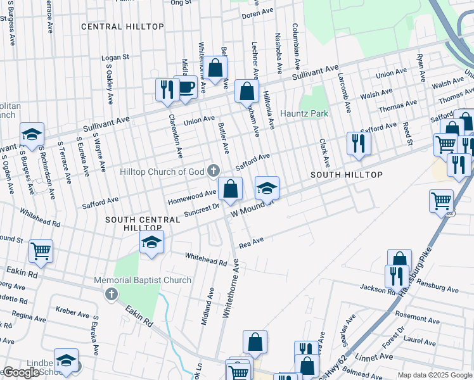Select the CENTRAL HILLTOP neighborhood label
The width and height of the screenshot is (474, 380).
[x=122, y=27]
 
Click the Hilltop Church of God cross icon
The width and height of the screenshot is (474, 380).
[x=214, y=170]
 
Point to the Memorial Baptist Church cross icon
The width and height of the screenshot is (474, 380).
[x=112, y=293]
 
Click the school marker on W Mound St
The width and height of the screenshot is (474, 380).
[x=267, y=187]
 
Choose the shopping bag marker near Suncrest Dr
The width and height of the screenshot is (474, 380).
[x=230, y=189]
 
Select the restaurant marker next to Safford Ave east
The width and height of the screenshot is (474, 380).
[x=359, y=144]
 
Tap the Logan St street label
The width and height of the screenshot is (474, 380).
[x=115, y=57]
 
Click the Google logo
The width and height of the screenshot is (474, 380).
[x=21, y=372]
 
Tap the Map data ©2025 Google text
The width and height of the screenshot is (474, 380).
[x=435, y=376]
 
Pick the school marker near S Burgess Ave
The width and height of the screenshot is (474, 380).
[x=32, y=134]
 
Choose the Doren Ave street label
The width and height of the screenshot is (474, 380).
[x=257, y=13]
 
